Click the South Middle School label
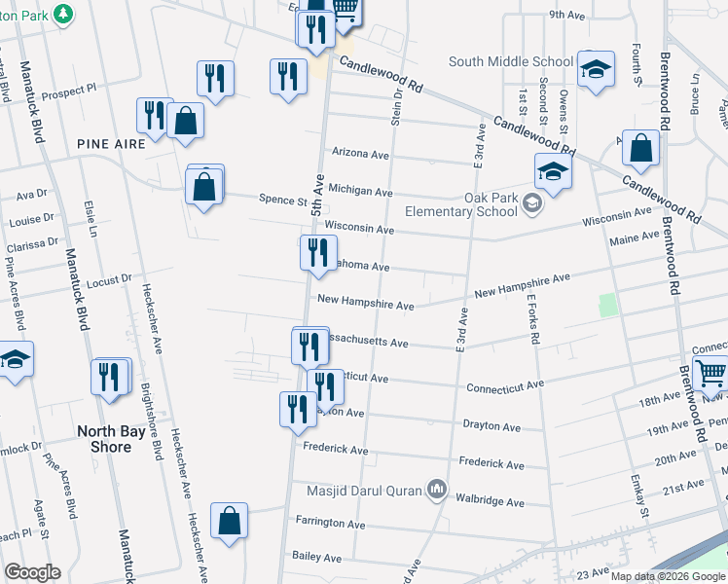(x=510, y=61)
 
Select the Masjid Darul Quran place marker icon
(x=437, y=491)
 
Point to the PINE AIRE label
(x=112, y=143)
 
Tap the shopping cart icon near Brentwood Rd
(x=710, y=372)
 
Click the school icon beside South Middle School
(x=596, y=70)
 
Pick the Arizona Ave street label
(x=360, y=154)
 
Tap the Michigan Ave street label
(x=360, y=191)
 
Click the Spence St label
(x=283, y=200)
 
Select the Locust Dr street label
(x=108, y=280)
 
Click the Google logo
(x=32, y=572)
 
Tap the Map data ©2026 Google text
(x=668, y=576)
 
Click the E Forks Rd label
(x=533, y=322)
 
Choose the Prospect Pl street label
(x=69, y=87)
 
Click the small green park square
(x=608, y=305)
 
